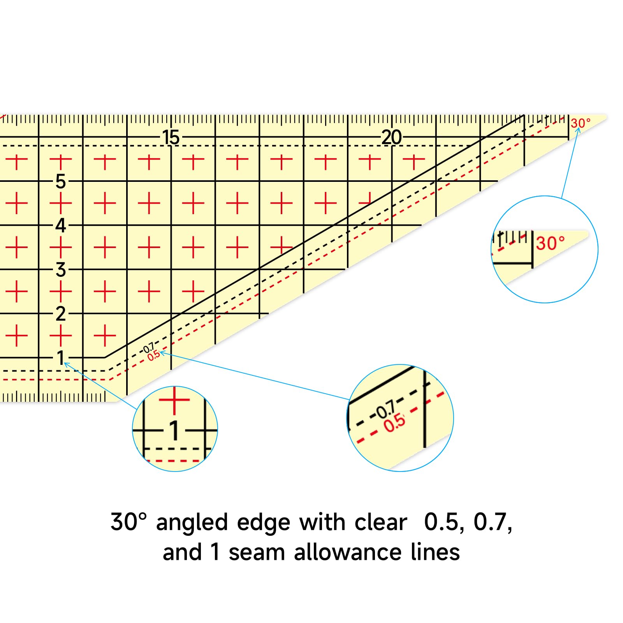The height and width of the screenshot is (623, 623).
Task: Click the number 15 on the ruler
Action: pyautogui.click(x=171, y=137)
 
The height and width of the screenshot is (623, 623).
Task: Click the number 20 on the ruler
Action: pyautogui.click(x=391, y=137)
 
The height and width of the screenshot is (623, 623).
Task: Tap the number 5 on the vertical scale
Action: pyautogui.click(x=60, y=181)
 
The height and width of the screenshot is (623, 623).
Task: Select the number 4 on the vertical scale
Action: pyautogui.click(x=60, y=225)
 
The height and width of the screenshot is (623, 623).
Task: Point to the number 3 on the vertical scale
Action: pyautogui.click(x=60, y=269)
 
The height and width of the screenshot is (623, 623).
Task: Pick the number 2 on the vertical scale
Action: pyautogui.click(x=60, y=313)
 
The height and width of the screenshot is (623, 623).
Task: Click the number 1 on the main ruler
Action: pyautogui.click(x=60, y=357)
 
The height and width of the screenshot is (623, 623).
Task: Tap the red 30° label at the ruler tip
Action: pyautogui.click(x=581, y=123)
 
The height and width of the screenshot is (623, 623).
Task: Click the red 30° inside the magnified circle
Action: pyautogui.click(x=550, y=243)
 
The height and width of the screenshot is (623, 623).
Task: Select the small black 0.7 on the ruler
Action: pyautogui.click(x=149, y=347)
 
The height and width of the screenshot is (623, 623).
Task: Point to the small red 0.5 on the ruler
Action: pyautogui.click(x=153, y=355)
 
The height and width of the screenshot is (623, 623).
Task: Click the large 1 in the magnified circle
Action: pyautogui.click(x=174, y=431)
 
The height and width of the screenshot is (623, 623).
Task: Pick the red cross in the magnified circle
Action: pyautogui.click(x=174, y=400)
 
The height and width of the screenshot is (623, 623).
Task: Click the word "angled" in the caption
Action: pyautogui.click(x=192, y=523)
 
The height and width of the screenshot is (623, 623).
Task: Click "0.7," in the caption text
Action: pyautogui.click(x=493, y=523)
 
